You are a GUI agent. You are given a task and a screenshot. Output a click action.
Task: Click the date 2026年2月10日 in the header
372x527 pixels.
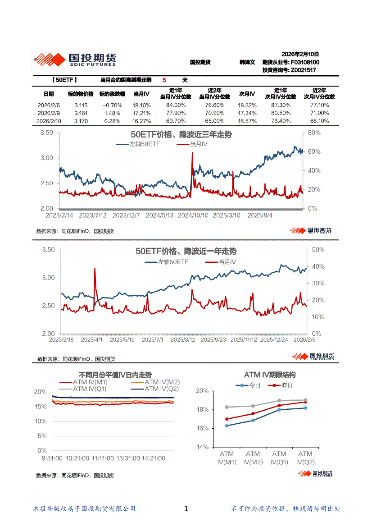[300, 54]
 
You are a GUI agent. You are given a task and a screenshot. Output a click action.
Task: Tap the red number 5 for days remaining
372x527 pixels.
[164, 80]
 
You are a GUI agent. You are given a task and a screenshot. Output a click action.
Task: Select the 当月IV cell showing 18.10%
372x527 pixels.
[141, 105]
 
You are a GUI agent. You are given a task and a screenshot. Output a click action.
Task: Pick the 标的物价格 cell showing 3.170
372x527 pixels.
[81, 121]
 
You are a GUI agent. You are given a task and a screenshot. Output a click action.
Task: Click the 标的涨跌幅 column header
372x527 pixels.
[110, 94]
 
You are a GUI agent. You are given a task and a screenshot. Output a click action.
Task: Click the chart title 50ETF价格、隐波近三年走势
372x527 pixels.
[181, 135]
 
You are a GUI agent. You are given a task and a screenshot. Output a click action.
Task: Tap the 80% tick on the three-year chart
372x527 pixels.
[314, 133]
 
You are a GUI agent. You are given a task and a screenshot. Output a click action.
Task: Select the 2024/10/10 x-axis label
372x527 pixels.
[193, 215]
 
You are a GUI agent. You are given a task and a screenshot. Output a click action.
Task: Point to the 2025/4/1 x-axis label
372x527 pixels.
[91, 339]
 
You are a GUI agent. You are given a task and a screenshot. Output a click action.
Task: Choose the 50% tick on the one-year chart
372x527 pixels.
[318, 250]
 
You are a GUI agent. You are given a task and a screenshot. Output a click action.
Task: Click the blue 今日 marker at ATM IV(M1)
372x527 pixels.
[227, 426]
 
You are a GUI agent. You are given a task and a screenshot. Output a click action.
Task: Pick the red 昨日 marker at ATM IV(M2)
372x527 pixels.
[253, 414]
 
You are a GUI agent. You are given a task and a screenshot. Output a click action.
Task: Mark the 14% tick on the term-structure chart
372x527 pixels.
[203, 447]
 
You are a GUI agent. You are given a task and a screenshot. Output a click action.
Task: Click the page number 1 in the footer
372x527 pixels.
[186, 509]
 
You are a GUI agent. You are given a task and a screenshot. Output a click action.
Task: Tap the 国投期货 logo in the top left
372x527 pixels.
[75, 60]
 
